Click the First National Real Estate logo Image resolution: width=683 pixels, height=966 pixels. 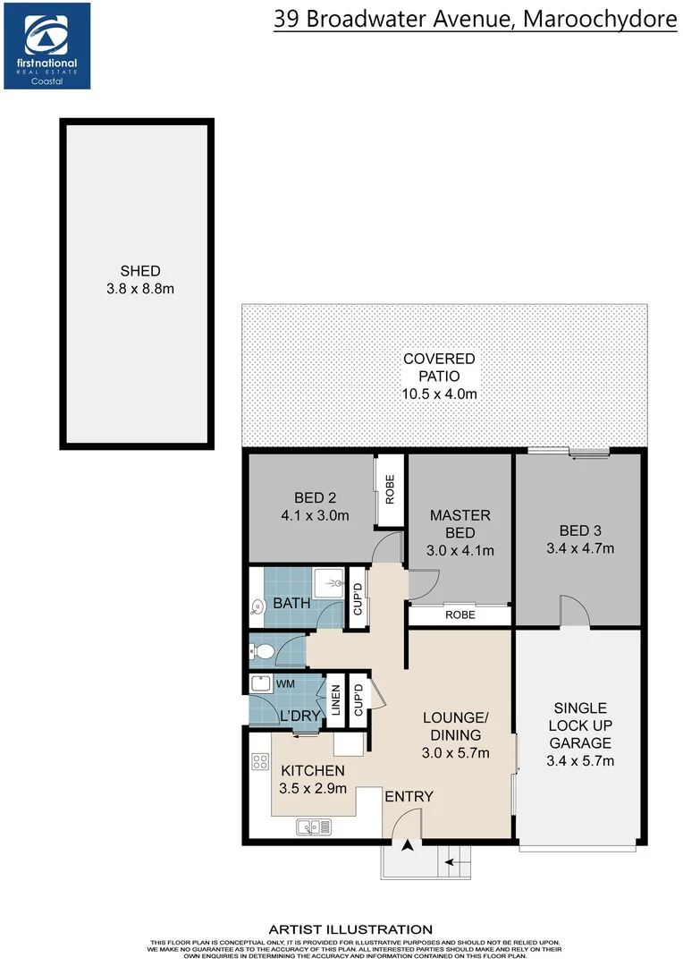click(x=46, y=45)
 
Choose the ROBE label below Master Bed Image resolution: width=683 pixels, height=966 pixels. click(x=460, y=615)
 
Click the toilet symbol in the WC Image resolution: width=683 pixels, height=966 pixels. click(x=260, y=651)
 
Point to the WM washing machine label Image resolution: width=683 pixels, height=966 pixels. click(x=285, y=684)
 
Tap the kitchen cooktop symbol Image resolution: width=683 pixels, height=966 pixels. click(x=260, y=762)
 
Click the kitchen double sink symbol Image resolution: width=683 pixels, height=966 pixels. click(x=312, y=827)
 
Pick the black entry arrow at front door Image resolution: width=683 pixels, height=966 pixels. click(x=408, y=845)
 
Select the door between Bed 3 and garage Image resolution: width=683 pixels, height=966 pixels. click(x=574, y=613)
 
